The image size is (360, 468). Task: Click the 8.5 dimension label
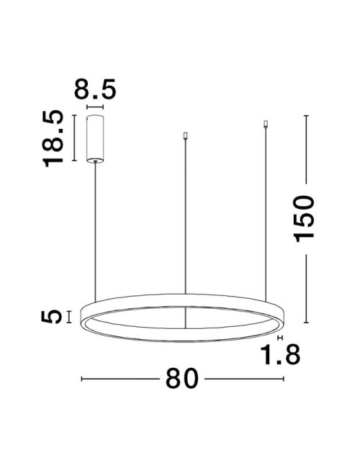point(94,89)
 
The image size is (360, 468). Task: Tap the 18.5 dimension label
point(53,138)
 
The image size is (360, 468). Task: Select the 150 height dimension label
point(304,218)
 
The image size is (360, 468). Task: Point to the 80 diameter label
point(181,379)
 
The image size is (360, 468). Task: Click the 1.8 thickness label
point(280,354)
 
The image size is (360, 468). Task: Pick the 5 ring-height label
point(51,317)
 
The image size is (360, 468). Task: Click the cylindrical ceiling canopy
point(95,138)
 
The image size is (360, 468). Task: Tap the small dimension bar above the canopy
point(95,107)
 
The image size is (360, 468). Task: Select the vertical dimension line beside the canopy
point(74,138)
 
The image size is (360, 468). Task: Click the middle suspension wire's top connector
point(185,136)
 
